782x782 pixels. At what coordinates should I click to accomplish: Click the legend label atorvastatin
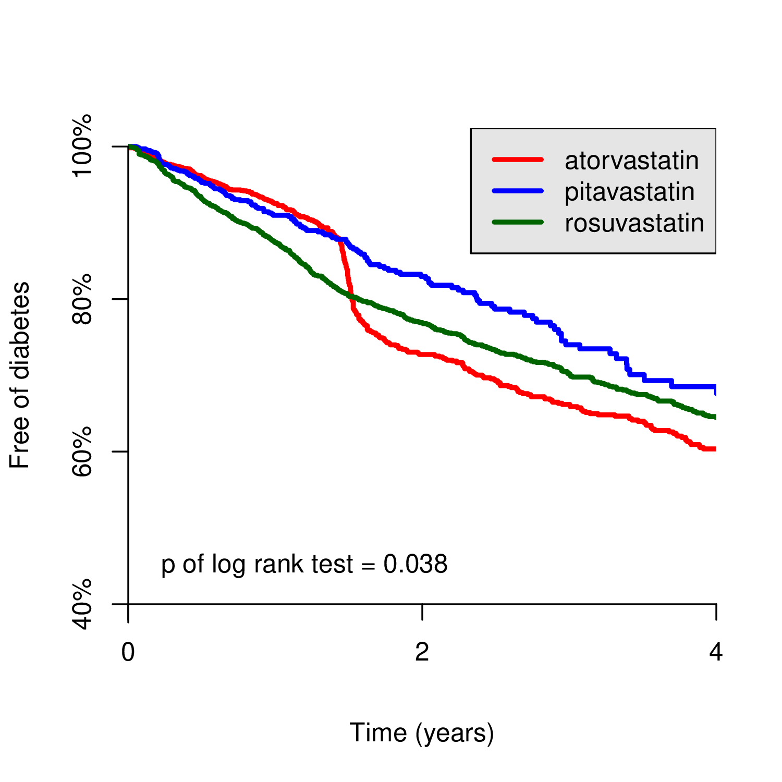(631, 161)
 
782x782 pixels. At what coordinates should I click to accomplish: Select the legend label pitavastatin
(629, 192)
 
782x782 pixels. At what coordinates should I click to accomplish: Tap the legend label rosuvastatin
(634, 223)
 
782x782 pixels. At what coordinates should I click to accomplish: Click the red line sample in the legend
(518, 160)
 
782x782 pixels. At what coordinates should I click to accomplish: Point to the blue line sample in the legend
(518, 191)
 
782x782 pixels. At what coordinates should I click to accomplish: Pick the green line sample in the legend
(518, 222)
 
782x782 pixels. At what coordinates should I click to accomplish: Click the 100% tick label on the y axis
(82, 146)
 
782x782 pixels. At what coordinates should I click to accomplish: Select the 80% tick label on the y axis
(82, 299)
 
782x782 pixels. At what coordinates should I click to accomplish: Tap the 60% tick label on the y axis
(82, 451)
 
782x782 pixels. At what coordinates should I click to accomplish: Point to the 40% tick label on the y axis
(82, 604)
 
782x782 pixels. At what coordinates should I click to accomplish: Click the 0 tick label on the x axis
(128, 652)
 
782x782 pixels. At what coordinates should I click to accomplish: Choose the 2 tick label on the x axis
(422, 652)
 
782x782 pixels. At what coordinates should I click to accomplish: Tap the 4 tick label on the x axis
(716, 652)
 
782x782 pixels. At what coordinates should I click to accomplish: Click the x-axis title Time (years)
(421, 733)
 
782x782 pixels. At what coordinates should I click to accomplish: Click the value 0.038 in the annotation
(416, 564)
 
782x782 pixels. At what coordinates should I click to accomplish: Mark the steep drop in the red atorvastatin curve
(348, 276)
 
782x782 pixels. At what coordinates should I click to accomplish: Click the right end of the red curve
(714, 449)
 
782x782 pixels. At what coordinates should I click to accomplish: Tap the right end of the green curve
(714, 417)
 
